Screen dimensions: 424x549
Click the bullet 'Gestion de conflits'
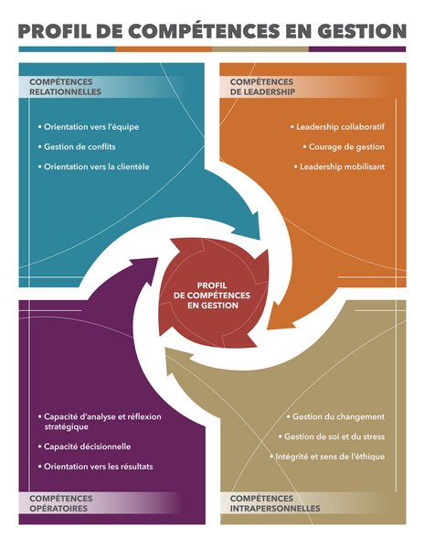tap(77, 146)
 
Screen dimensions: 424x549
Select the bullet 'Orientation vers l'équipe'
tap(89, 127)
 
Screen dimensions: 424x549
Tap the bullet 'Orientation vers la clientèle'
tap(94, 167)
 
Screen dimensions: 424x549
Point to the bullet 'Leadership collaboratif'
tap(338, 127)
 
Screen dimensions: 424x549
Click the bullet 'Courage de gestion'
tap(344, 146)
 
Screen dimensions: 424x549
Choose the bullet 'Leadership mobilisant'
tap(339, 167)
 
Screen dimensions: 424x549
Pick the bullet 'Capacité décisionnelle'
tap(85, 447)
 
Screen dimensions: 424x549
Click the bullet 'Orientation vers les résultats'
tap(95, 467)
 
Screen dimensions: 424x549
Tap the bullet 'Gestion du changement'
tap(335, 416)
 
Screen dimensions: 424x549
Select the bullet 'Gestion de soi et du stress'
tap(332, 436)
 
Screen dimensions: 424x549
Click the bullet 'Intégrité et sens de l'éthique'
tap(327, 457)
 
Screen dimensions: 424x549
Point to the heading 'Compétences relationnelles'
tap(66, 87)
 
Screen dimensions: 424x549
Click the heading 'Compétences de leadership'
tap(262, 87)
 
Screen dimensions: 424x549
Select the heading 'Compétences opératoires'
tap(61, 503)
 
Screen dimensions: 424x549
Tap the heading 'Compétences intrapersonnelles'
tap(275, 503)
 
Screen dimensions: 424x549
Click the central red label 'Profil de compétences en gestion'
tap(212, 296)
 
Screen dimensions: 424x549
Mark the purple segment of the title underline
tap(357, 49)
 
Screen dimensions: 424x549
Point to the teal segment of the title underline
tap(67, 49)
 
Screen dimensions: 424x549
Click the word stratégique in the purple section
tap(66, 426)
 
